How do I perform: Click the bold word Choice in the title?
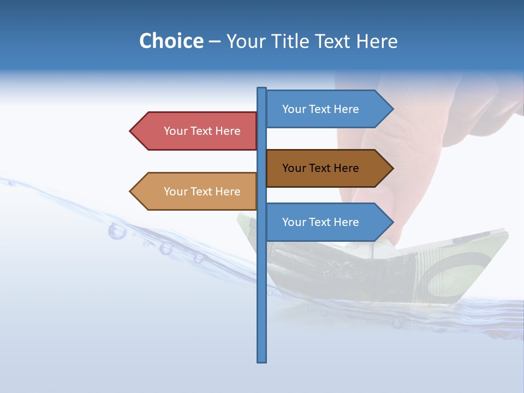pyautogui.click(x=171, y=41)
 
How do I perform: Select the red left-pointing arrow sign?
pyautogui.click(x=196, y=131)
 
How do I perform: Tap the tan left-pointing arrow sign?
pyautogui.click(x=196, y=192)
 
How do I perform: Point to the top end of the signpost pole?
pyautogui.click(x=262, y=89)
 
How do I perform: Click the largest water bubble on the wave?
pyautogui.click(x=117, y=231)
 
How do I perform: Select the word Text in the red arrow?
pyautogui.click(x=202, y=131)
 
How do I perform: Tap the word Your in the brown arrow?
pyautogui.click(x=294, y=168)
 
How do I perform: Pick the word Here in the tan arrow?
pyautogui.click(x=228, y=192)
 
